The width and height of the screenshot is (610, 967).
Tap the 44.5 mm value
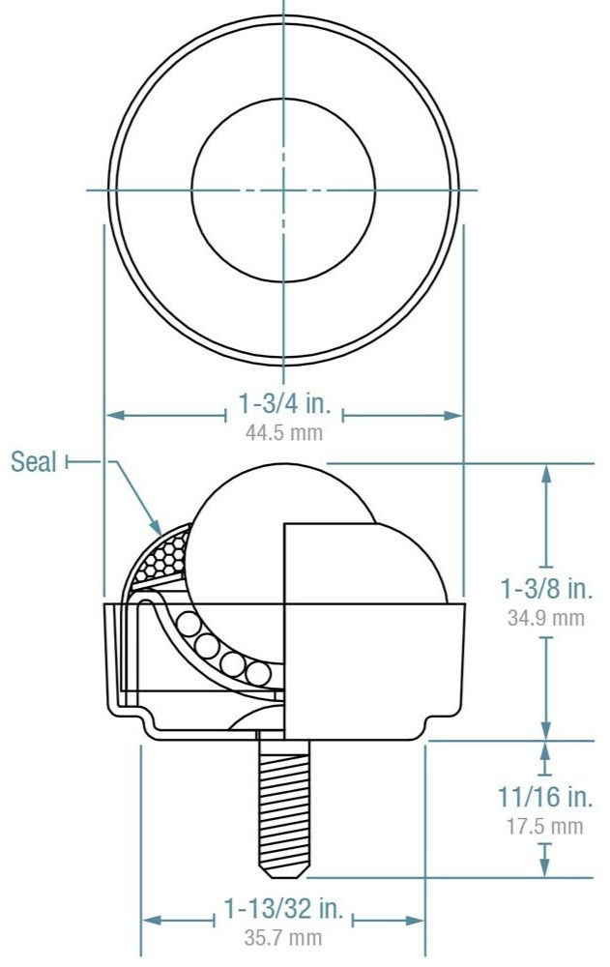[x=284, y=432]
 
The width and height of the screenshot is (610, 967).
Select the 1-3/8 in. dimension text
[x=546, y=588]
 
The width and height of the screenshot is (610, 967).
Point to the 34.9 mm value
[x=546, y=617]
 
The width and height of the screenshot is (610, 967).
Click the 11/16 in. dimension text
[x=545, y=798]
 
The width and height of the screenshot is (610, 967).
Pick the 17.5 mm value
[x=545, y=826]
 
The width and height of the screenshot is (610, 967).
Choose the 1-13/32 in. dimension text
[x=284, y=910]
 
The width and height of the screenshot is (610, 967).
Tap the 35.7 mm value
[x=284, y=937]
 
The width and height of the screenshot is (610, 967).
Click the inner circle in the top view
[x=283, y=190]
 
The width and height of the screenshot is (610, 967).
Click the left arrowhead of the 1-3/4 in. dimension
[x=110, y=416]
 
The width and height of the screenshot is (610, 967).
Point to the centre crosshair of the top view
[x=283, y=190]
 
